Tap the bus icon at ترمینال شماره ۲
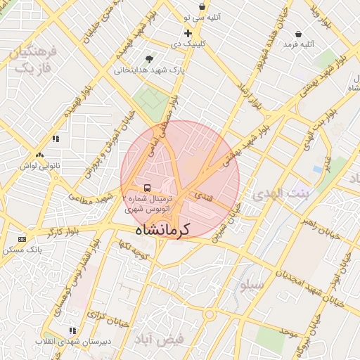147,188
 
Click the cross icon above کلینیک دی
188,33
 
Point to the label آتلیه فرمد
298,44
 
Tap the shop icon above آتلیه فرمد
299,34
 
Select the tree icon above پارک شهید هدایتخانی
148,60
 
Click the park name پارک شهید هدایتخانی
149,70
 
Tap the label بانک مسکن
22,250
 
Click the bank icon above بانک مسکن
22,239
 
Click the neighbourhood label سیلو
252,285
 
